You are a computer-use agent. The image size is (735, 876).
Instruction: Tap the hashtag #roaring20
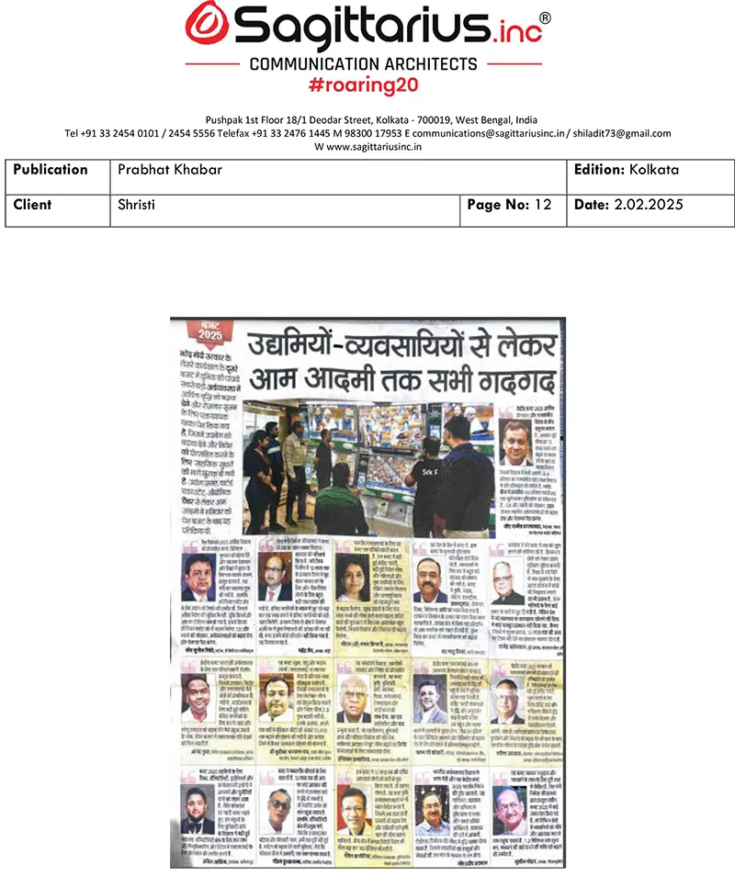point(367,85)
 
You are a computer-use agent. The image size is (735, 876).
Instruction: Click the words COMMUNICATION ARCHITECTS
point(367,64)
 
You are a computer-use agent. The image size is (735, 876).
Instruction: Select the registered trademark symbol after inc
point(544,17)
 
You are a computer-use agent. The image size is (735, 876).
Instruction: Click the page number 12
point(542,205)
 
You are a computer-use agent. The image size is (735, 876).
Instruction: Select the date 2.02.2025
point(648,205)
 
